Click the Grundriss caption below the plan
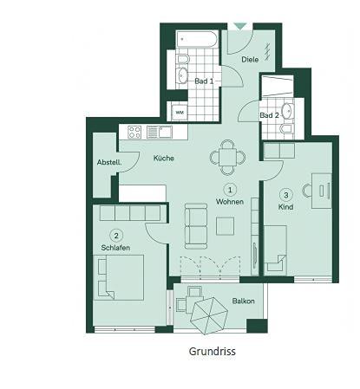pyautogui.click(x=213, y=352)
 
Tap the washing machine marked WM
pyautogui.click(x=180, y=112)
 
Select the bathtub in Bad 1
pyautogui.click(x=196, y=40)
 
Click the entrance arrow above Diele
pyautogui.click(x=239, y=26)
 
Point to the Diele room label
pyautogui.click(x=250, y=60)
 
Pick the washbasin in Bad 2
pyautogui.click(x=287, y=111)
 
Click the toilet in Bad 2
pyautogui.click(x=286, y=128)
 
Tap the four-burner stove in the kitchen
pyautogui.click(x=134, y=133)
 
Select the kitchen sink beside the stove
pyautogui.click(x=160, y=133)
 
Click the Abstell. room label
pyautogui.click(x=109, y=162)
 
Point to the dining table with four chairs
pyautogui.click(x=227, y=158)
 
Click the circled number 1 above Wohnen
pyautogui.click(x=230, y=190)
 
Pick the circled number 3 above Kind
pyautogui.click(x=286, y=195)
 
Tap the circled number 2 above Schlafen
pyautogui.click(x=116, y=236)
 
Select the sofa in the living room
pyautogui.click(x=196, y=226)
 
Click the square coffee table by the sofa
pyautogui.click(x=226, y=226)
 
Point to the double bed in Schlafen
pyautogui.click(x=119, y=277)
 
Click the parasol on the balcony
pyautogui.click(x=209, y=315)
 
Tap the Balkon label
pyautogui.click(x=244, y=301)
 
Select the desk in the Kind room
pyautogui.click(x=322, y=191)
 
